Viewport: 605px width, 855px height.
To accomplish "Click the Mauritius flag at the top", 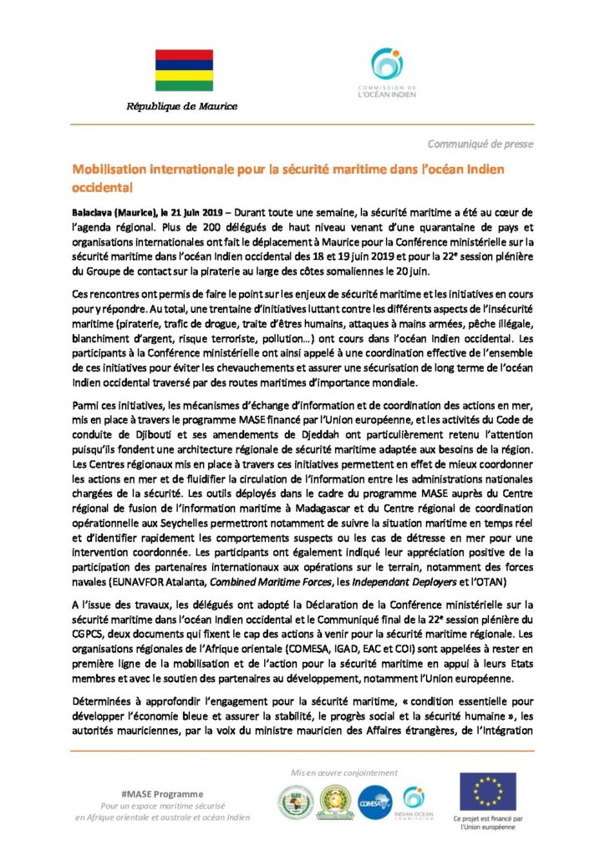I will click(x=183, y=70).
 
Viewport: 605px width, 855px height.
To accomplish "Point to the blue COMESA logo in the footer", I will click(x=376, y=802).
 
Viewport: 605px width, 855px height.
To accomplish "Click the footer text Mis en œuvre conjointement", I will click(x=342, y=773).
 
